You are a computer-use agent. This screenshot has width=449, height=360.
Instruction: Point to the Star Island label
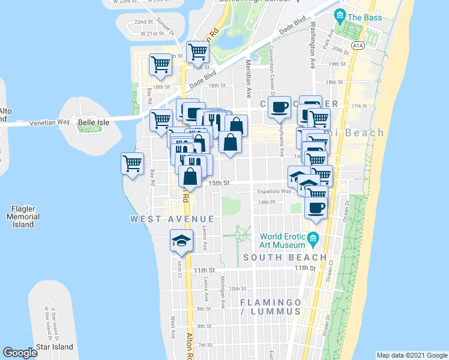[54, 347]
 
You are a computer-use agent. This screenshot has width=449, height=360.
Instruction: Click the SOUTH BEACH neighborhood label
[285, 257]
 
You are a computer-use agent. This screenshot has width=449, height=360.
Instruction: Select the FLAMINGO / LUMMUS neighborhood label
[270, 307]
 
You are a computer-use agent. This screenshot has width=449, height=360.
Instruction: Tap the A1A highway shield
[358, 45]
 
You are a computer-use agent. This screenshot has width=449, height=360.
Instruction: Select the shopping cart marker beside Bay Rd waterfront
[132, 162]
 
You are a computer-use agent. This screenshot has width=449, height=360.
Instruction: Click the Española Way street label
[274, 191]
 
